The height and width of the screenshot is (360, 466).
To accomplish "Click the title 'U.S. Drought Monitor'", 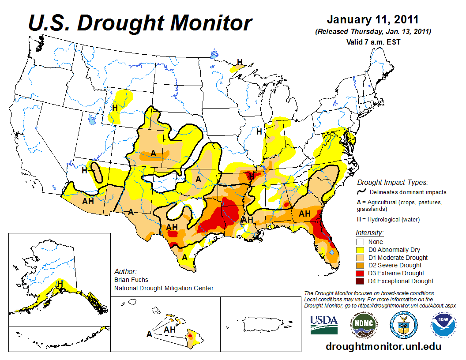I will tap(140, 23).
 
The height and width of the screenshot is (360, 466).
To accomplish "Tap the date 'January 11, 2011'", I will tap(372, 20).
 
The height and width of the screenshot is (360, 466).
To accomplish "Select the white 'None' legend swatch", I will tap(361, 242).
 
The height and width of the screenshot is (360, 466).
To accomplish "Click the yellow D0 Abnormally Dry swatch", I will tap(361, 250).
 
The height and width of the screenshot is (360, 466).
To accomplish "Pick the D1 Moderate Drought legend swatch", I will tap(361, 258).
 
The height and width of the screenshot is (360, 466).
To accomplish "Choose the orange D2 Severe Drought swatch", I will tap(361, 265).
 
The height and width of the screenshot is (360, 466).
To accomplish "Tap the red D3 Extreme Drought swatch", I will tap(361, 273).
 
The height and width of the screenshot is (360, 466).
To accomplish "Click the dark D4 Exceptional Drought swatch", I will tap(361, 281).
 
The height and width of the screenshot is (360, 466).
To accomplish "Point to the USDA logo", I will tap(324, 325).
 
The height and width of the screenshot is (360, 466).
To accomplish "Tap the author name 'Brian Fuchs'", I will tap(131, 280).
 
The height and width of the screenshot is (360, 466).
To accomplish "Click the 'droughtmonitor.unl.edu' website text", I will tap(383, 346).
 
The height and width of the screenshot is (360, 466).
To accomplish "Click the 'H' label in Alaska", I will tap(60, 283).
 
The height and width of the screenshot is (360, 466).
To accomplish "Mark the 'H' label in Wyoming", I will tap(115, 107).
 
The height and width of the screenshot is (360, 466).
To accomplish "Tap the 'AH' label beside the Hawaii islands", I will tap(170, 330).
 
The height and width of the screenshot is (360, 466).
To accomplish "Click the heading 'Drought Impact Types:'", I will tap(392, 182).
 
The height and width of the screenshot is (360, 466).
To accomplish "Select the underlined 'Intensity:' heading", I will tap(369, 232).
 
